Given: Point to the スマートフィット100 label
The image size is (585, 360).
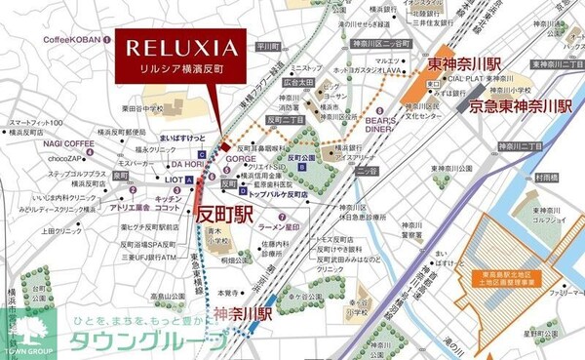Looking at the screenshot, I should point(36,123).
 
